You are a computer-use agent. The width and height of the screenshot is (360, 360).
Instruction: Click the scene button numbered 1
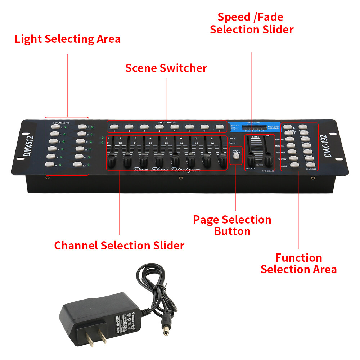click(x=114, y=127)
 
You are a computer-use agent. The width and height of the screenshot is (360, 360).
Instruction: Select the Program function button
click(x=292, y=139)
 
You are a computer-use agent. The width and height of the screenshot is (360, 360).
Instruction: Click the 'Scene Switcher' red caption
click(x=166, y=68)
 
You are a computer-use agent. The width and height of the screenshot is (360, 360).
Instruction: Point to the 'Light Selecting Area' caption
click(x=68, y=39)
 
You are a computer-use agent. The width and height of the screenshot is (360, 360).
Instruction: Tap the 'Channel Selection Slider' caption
click(x=119, y=246)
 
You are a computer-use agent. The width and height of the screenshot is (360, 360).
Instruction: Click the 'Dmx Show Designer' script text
click(x=167, y=170)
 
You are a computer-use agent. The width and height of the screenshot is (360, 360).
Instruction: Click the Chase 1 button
click(x=303, y=127)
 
